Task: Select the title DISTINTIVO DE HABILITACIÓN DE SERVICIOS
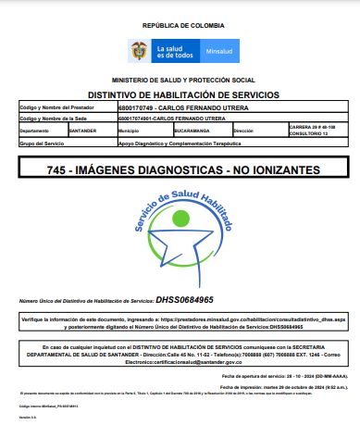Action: tap(180, 94)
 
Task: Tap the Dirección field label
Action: tap(244, 131)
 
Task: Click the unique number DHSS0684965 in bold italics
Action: tap(185, 300)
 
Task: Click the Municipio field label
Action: tap(130, 131)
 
